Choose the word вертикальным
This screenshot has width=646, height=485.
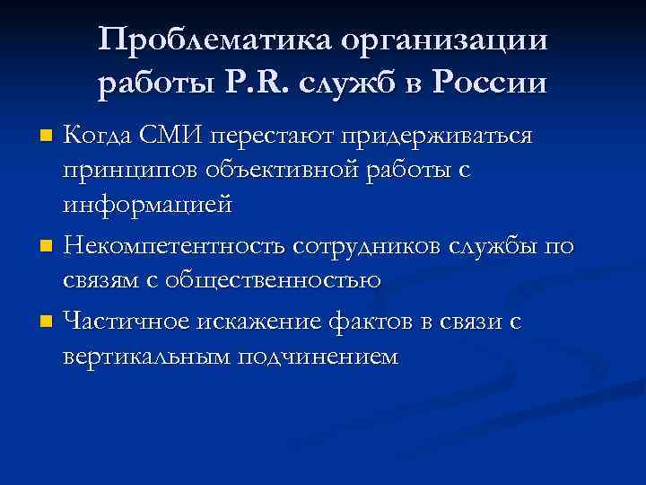pos(146,355)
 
